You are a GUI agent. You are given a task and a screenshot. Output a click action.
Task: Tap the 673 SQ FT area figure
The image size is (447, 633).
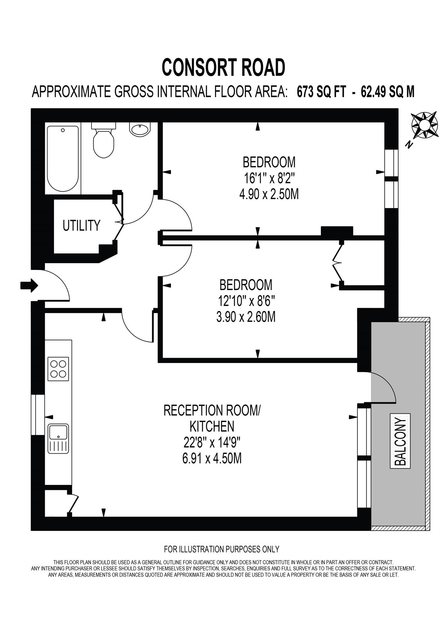pyautogui.click(x=321, y=92)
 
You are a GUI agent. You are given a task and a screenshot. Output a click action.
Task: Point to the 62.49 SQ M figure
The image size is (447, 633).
pyautogui.click(x=388, y=92)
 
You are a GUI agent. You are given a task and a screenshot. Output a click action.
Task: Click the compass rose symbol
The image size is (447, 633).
pyautogui.click(x=425, y=125)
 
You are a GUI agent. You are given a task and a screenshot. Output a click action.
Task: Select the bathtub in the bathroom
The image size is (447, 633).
pyautogui.click(x=63, y=158)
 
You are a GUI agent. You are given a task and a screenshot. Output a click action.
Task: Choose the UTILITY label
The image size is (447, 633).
pyautogui.click(x=81, y=226)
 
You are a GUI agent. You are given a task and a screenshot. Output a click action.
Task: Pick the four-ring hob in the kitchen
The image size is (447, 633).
pyautogui.click(x=59, y=369)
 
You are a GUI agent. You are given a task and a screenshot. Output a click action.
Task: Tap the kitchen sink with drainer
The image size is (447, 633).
pyautogui.click(x=58, y=438)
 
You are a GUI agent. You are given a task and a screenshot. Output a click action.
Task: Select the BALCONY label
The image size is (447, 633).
pyautogui.click(x=400, y=441)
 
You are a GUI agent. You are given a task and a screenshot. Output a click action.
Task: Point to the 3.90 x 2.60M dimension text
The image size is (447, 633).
pyautogui.click(x=246, y=317)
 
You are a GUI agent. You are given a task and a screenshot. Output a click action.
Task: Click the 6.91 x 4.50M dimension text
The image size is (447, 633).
pyautogui.click(x=212, y=458)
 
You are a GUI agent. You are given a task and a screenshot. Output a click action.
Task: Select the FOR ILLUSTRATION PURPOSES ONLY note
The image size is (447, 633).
pyautogui.click(x=221, y=549)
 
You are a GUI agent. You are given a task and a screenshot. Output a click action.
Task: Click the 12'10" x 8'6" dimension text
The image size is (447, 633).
pyautogui.click(x=246, y=301)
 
